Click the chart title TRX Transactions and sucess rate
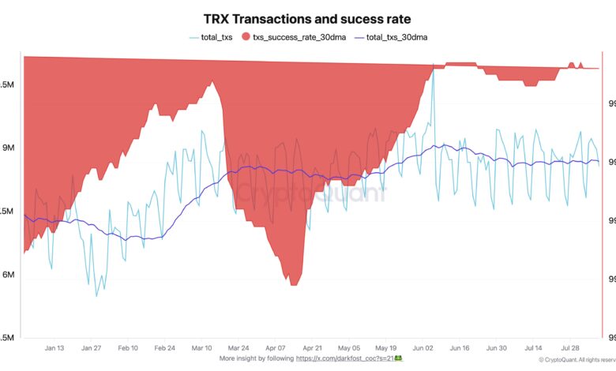click(x=308, y=18)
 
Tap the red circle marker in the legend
click(x=246, y=36)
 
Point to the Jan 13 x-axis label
click(x=54, y=347)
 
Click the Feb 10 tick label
click(x=128, y=347)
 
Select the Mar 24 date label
click(x=238, y=347)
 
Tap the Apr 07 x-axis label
click(x=275, y=347)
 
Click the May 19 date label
click(x=385, y=347)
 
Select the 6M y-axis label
click(x=9, y=275)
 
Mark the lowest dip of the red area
click(x=294, y=285)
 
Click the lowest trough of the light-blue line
click(x=96, y=296)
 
